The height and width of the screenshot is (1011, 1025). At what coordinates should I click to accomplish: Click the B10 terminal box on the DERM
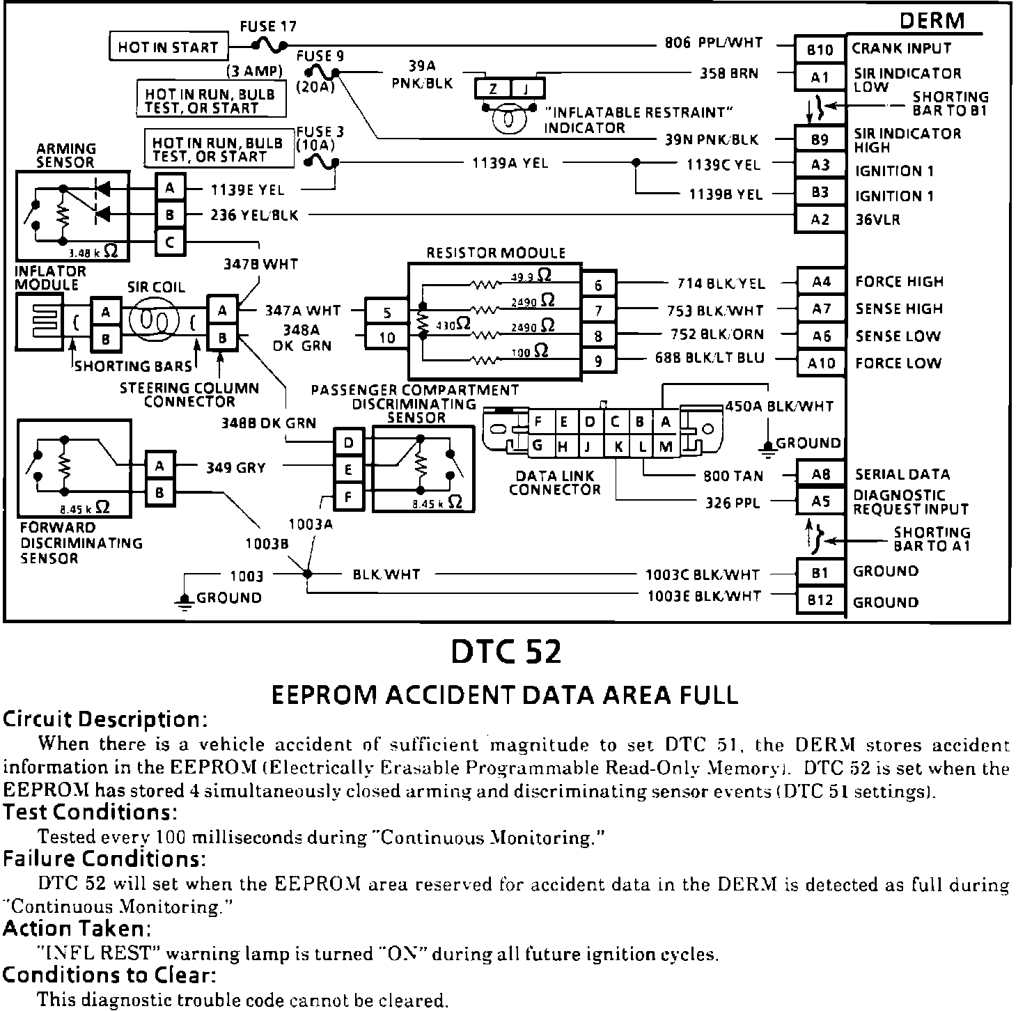coord(820,49)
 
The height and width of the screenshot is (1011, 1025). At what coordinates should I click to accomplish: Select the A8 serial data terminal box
coord(820,475)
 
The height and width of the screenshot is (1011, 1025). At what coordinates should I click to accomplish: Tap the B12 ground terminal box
coord(820,600)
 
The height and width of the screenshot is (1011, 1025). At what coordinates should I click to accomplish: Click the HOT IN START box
coord(169,47)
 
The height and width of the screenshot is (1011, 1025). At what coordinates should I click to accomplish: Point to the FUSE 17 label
coord(268,26)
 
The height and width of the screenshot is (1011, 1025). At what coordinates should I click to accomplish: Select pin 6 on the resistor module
coord(598,284)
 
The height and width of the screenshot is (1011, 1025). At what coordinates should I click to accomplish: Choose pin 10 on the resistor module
coord(386,338)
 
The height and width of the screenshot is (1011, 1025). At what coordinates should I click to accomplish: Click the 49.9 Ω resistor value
coord(532,276)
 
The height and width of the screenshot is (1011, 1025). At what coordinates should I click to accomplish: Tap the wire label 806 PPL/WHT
coord(713,43)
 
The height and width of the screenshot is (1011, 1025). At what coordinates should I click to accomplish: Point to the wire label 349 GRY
coord(235,468)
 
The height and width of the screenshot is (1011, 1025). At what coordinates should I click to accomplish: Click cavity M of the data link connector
coord(665,446)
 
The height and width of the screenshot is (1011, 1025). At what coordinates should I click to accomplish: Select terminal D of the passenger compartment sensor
coord(349,443)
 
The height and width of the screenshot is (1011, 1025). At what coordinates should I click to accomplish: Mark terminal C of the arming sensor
coord(170,242)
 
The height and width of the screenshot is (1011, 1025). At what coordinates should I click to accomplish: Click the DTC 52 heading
coord(506,652)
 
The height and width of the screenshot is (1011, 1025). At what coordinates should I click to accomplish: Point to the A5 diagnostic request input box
coord(820,501)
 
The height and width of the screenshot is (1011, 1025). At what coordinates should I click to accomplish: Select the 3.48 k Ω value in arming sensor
coord(93,253)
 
